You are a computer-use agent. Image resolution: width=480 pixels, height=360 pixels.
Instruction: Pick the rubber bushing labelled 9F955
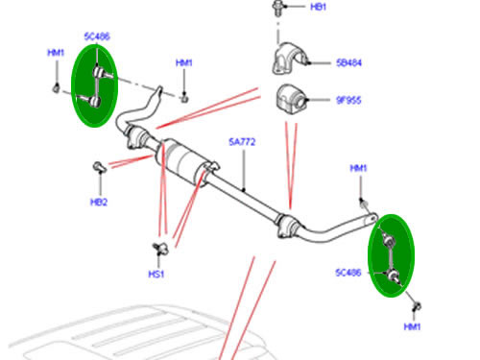pyautogui.click(x=291, y=99)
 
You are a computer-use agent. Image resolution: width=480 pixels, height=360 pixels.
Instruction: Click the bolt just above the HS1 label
pyautogui.click(x=159, y=249)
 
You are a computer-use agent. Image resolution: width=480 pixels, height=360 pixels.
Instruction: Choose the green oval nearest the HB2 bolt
pyautogui.click(x=96, y=83)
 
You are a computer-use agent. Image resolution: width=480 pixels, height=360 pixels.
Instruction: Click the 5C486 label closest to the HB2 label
pyautogui.click(x=96, y=37)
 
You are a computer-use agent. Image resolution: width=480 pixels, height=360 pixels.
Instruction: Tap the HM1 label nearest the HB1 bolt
pyautogui.click(x=184, y=63)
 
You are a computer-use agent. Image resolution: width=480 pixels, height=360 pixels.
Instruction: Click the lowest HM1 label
pyautogui.click(x=413, y=327)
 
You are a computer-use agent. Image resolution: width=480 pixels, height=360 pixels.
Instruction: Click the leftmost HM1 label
pyautogui.click(x=57, y=53)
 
